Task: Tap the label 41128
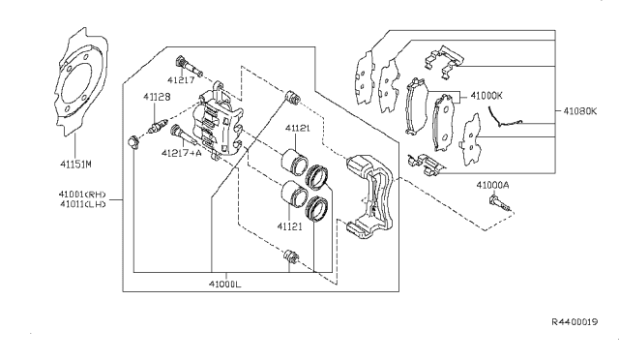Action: click(157, 97)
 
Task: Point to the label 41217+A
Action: click(181, 152)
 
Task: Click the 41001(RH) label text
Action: click(81, 194)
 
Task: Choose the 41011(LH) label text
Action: click(81, 204)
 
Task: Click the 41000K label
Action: click(486, 96)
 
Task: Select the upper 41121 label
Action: click(298, 128)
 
